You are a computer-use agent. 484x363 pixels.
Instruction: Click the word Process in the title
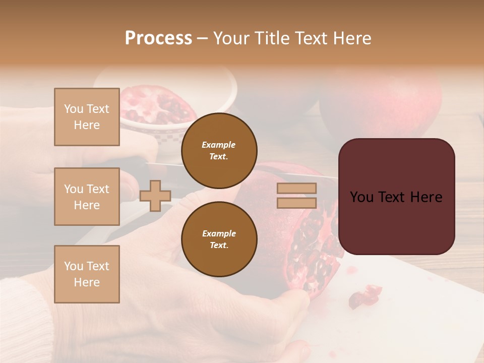[158, 38]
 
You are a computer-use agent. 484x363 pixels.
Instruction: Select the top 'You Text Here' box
[87, 117]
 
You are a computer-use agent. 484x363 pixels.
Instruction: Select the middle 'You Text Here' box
[87, 197]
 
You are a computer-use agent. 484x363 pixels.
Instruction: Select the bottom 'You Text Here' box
[87, 274]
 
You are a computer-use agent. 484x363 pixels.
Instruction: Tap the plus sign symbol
[155, 196]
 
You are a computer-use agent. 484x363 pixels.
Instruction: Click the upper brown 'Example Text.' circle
[219, 150]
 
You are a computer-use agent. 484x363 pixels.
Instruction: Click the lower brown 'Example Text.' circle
[219, 239]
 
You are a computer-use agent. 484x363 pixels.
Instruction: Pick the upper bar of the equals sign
[296, 188]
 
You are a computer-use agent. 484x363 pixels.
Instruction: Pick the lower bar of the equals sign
[296, 203]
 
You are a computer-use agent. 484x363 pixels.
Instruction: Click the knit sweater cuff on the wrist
[25, 318]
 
